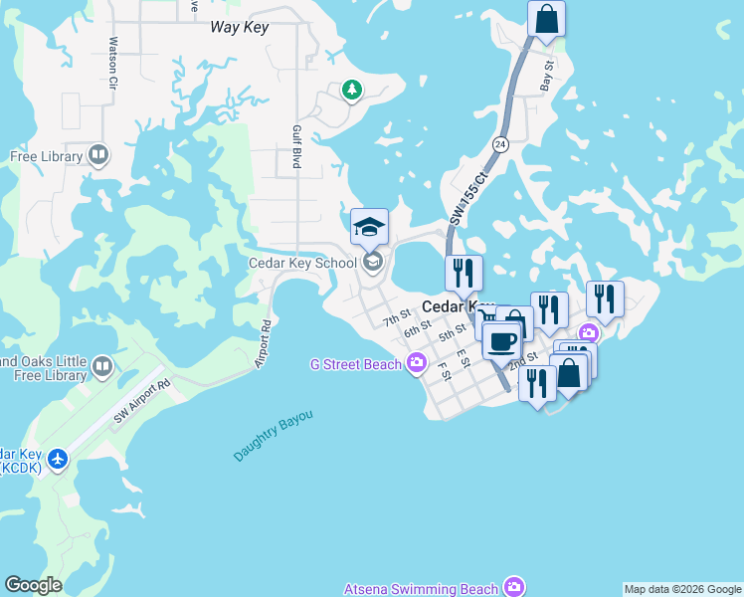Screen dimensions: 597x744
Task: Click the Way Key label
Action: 240,27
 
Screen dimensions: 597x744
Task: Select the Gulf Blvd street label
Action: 295,146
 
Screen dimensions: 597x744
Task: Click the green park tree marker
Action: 351,91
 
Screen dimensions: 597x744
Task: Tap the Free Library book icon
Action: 98,155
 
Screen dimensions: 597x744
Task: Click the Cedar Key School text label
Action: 301,263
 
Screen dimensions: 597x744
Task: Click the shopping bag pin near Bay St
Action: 546,20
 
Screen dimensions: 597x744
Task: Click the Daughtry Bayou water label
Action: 274,435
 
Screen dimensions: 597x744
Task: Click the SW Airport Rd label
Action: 142,399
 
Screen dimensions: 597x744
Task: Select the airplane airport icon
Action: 58,459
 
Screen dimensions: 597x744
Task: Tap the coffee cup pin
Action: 502,341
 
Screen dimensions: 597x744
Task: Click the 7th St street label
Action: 397,316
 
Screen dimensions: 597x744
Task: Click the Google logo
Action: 33,585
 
